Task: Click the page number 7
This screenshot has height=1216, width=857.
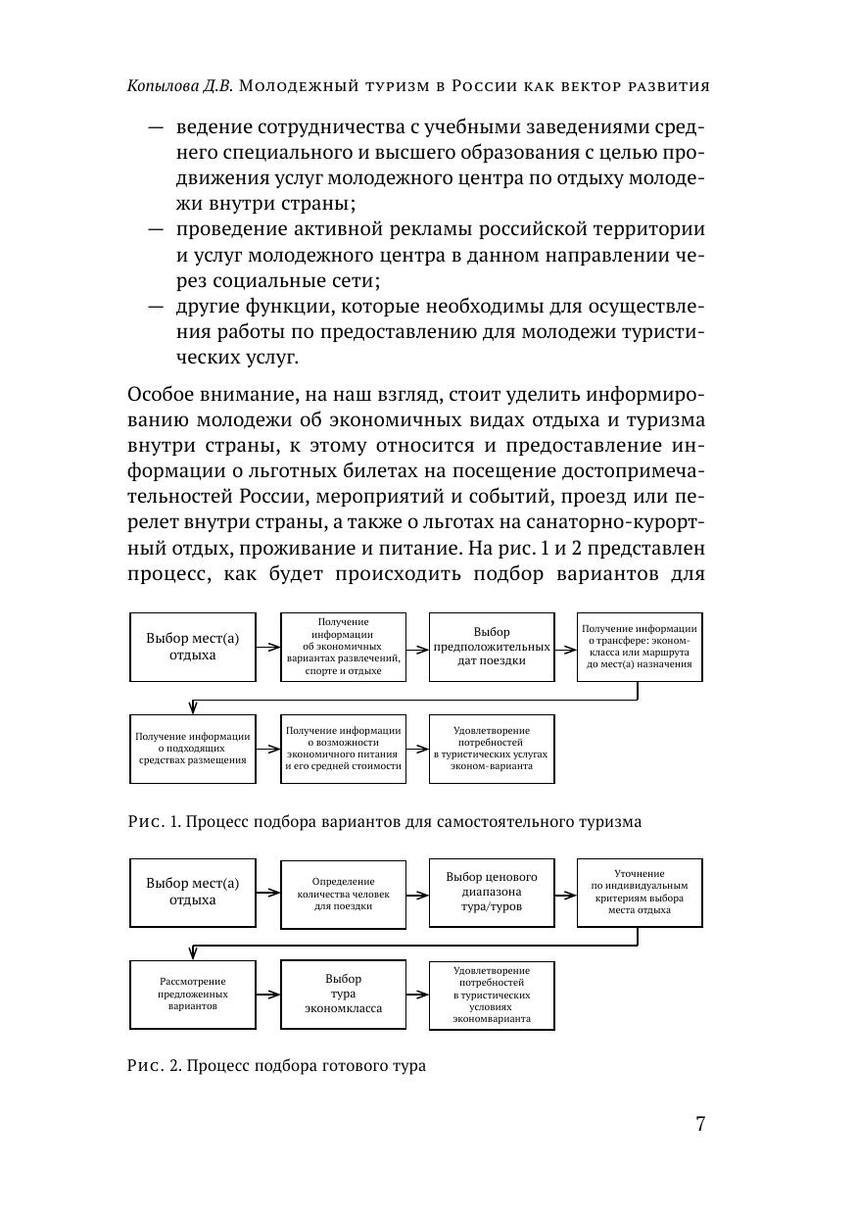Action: coord(700,1124)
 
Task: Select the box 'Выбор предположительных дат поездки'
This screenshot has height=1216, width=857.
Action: coord(492,647)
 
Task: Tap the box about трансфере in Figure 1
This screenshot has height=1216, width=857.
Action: coord(640,647)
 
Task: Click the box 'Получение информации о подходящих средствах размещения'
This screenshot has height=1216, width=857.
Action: coord(193,749)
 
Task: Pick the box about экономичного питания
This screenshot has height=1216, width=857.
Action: coord(343,749)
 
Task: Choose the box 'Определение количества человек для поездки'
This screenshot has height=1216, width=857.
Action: coord(343,894)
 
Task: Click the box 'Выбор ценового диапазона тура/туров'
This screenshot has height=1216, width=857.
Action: coord(492,892)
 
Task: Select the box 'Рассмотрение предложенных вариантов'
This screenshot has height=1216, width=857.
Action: coord(193,994)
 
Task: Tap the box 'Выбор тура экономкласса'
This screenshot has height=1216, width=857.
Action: coord(343,994)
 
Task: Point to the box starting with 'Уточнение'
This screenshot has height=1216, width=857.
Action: coord(640,892)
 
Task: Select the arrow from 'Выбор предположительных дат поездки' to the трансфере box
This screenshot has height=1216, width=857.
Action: coord(565,647)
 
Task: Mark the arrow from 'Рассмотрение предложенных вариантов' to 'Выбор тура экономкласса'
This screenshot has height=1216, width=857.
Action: coord(268,994)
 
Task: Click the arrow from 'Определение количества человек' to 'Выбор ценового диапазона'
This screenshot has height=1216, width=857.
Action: coord(417,894)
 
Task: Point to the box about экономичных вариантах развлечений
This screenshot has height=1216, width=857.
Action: coord(343,647)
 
